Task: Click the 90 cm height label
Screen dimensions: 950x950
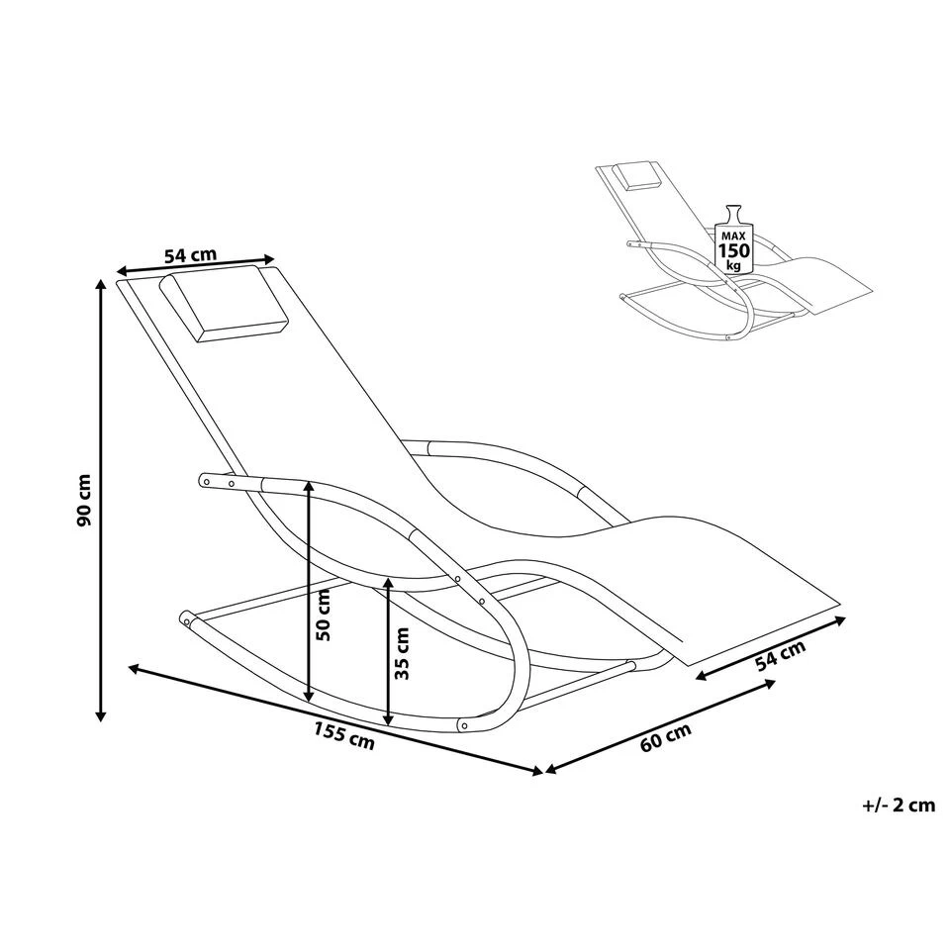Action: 85,500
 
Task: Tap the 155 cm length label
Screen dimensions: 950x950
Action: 344,735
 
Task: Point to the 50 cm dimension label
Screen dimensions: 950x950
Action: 324,615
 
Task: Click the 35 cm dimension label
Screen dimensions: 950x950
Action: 402,653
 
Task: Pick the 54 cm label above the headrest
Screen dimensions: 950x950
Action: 190,255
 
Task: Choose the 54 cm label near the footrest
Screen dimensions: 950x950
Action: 781,656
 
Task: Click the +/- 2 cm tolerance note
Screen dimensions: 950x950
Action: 900,806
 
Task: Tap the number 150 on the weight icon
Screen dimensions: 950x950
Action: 734,249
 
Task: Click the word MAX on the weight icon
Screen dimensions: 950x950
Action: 734,235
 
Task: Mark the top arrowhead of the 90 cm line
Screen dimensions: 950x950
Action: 101,285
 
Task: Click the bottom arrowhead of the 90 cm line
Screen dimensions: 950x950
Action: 101,716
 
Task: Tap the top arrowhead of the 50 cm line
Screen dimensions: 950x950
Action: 309,488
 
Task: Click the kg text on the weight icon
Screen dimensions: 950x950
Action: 734,265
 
